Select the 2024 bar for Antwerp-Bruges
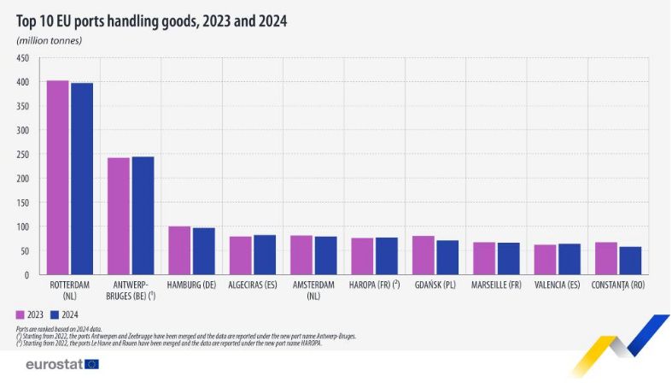143,215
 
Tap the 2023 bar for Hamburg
179,250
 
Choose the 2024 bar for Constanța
630,261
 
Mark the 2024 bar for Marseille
509,259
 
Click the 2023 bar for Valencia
545,260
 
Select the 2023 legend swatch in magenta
21,314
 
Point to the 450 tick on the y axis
22,58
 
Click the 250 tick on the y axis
22,155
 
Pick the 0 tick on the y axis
26,275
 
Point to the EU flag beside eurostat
91,364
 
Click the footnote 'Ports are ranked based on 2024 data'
65,329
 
